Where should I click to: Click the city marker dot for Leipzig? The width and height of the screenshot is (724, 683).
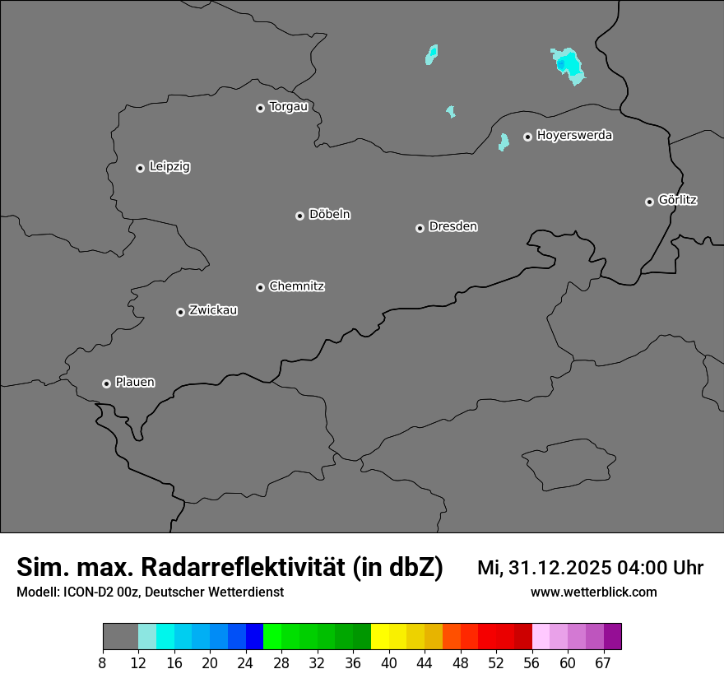[x=140, y=168]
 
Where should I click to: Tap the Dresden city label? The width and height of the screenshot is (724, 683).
[x=452, y=226]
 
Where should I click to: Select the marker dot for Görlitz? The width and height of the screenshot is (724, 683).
[x=649, y=202]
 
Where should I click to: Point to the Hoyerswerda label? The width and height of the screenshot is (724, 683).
[x=574, y=136]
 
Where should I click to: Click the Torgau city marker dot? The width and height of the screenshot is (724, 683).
[x=260, y=108]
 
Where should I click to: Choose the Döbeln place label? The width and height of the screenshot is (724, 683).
[x=329, y=215]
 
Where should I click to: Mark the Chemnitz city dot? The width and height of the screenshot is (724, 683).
[x=260, y=287]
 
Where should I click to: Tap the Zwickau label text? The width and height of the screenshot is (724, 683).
[x=213, y=310]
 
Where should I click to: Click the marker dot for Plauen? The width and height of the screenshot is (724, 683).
[x=106, y=383]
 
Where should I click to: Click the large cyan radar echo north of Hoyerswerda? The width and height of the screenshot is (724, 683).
[x=569, y=65]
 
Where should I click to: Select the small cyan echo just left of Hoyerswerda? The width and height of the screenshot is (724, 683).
[x=504, y=142]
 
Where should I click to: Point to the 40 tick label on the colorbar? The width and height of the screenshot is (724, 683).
[x=389, y=662]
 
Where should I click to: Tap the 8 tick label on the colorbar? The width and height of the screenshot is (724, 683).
[x=102, y=662]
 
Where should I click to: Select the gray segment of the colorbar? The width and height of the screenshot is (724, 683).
[x=120, y=637]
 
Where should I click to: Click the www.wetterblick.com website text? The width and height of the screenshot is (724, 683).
[x=594, y=592]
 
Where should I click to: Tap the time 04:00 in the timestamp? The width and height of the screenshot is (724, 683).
[x=640, y=568]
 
